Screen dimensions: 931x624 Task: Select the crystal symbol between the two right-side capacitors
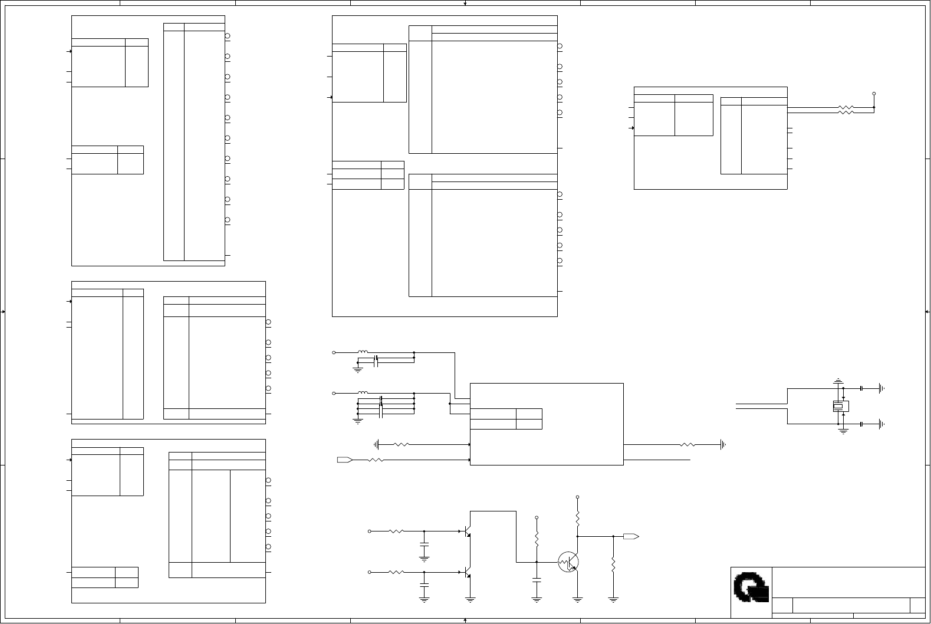(x=840, y=406)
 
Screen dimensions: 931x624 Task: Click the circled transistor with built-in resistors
(x=568, y=562)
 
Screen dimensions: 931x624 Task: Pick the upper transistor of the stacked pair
(x=468, y=531)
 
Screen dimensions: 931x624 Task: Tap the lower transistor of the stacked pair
(x=468, y=572)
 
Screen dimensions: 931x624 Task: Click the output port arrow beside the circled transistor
(x=631, y=537)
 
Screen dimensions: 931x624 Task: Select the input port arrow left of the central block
(x=345, y=460)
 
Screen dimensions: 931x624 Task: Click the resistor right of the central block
(x=687, y=445)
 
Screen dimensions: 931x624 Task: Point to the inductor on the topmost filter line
(x=363, y=352)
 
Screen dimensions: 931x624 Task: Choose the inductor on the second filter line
(x=363, y=393)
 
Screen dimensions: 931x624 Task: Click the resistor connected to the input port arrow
(x=376, y=460)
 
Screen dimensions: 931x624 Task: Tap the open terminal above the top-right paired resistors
(x=874, y=94)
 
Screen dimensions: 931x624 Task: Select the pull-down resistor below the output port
(x=613, y=565)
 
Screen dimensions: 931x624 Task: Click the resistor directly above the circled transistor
(x=578, y=519)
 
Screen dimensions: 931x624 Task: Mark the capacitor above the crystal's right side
(x=861, y=388)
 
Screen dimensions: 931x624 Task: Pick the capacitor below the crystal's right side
(x=861, y=424)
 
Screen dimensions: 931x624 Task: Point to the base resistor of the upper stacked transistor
(x=396, y=531)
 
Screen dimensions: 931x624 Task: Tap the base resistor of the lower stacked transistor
(x=396, y=572)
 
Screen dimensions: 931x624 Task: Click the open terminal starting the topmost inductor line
(x=334, y=352)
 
